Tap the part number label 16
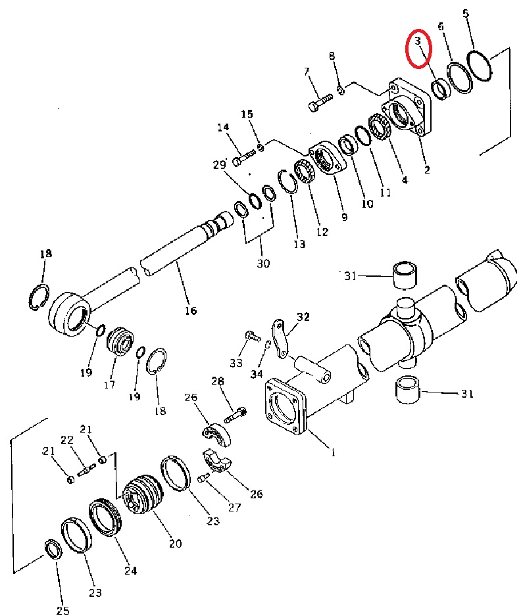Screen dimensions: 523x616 (191, 311)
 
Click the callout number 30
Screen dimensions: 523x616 (263, 263)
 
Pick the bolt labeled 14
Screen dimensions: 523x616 (244, 156)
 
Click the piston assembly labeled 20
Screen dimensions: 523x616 (142, 494)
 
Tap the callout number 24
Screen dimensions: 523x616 (130, 571)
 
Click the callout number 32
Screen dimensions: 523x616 (303, 317)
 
